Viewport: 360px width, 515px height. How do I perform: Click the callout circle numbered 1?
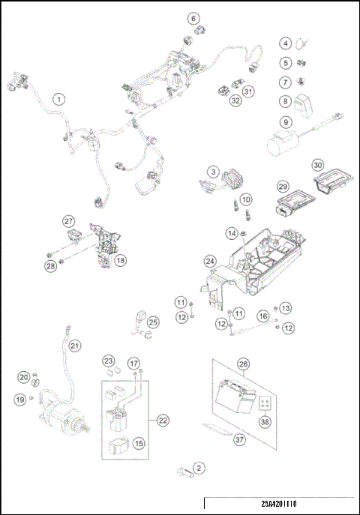click(58, 97)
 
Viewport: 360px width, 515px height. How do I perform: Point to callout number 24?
click(210, 262)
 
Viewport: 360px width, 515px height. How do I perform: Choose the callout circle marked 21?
click(74, 346)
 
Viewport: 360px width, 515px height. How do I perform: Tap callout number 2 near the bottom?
click(199, 469)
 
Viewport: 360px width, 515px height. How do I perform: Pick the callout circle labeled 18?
click(120, 259)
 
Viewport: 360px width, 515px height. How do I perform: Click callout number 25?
click(153, 322)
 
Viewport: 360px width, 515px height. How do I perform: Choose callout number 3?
click(214, 172)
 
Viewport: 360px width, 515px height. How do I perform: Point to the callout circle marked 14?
click(232, 234)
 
